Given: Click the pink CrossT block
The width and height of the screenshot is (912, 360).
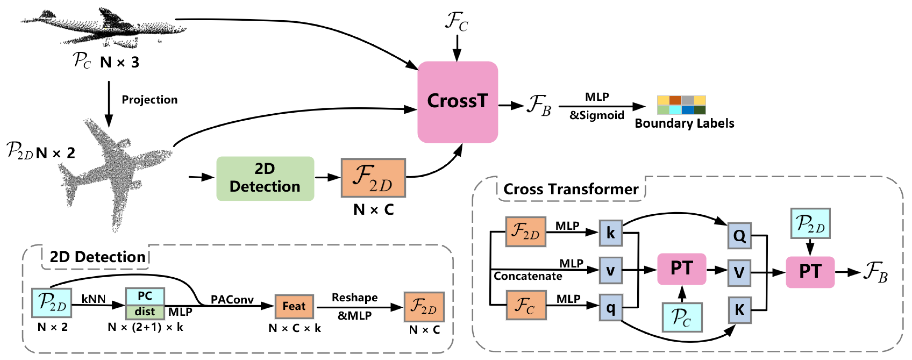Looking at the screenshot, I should (x=457, y=102).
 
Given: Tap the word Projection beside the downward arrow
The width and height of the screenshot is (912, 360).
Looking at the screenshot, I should (x=149, y=100).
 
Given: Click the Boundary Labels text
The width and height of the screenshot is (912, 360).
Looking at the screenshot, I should (x=684, y=124).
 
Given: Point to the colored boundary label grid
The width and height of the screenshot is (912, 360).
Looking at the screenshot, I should (x=681, y=105).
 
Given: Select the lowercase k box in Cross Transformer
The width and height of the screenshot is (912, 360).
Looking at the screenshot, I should (x=610, y=233).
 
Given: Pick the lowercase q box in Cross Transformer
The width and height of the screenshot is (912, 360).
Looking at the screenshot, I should (x=610, y=307).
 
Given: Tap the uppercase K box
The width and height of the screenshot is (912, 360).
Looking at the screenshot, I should (x=739, y=310).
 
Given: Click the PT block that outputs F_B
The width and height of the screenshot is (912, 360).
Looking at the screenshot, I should (x=810, y=272).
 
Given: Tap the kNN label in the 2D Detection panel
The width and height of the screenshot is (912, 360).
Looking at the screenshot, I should (x=94, y=299).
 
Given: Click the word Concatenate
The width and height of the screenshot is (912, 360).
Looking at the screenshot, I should (x=528, y=276).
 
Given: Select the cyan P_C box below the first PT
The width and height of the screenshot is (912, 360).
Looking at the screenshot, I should (x=682, y=317).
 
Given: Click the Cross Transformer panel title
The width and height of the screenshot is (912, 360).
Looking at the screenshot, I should (x=571, y=189).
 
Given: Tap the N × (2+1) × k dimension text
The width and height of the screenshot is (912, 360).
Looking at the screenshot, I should (x=145, y=327).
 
